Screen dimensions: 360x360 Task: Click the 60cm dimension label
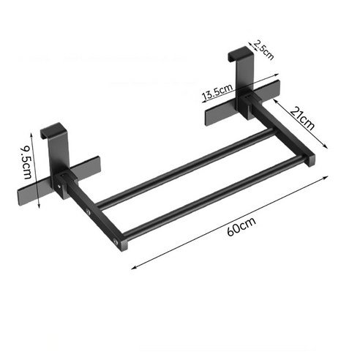tap(241, 227)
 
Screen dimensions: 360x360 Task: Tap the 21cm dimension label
tap(302, 119)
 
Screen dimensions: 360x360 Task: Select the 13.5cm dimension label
tap(217, 91)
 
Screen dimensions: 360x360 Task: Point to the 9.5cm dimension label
tap(26, 162)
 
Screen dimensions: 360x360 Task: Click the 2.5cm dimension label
tap(263, 50)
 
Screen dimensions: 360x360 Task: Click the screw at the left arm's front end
tap(116, 242)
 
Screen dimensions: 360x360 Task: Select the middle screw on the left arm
tap(88, 211)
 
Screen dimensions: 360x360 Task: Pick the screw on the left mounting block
tap(59, 187)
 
